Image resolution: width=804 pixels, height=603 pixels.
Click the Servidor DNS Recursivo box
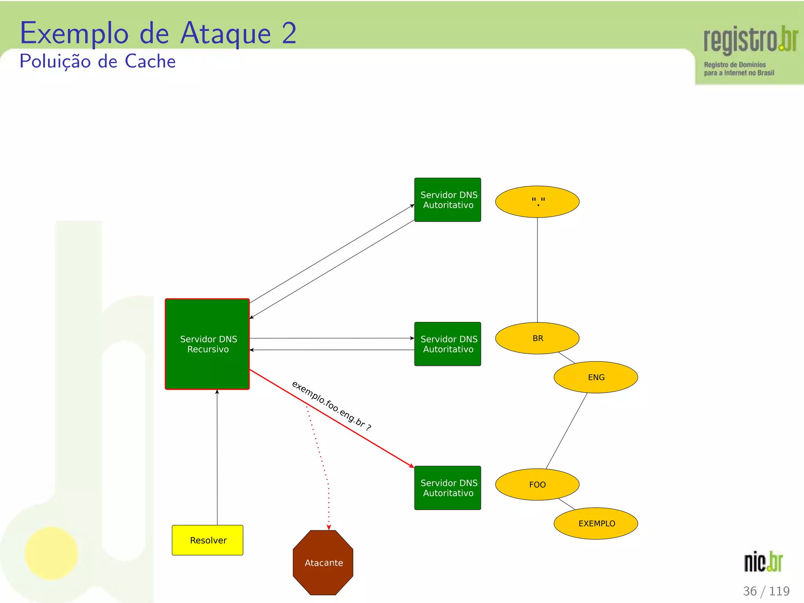pos(207,344)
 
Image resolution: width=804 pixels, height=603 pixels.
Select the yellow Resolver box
pos(208,540)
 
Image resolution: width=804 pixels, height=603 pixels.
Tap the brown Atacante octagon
pos(323,563)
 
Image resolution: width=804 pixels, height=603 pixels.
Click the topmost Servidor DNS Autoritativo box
pos(448,200)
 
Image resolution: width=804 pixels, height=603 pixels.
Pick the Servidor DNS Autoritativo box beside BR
pos(448,344)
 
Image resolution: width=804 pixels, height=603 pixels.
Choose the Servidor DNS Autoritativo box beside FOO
pos(448,488)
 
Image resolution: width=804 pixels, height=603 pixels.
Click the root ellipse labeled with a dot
pos(537,202)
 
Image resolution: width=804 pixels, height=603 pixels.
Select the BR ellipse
pos(537,338)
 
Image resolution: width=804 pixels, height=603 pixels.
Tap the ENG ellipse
pos(596,377)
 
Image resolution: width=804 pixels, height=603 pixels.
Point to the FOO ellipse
pos(537,484)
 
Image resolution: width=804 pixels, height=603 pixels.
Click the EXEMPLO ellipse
pos(596,523)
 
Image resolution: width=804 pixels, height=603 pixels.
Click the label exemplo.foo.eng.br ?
pos(331,406)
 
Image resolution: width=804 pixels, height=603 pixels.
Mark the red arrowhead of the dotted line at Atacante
pos(329,527)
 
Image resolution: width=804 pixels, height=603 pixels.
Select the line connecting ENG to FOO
pos(566,431)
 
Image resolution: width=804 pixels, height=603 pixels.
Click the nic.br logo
pos(763,561)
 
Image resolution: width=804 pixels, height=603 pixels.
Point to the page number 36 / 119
pos(766,591)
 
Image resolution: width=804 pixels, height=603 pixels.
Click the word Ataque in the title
pos(225,34)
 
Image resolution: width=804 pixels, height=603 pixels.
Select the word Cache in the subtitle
pos(150,61)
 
